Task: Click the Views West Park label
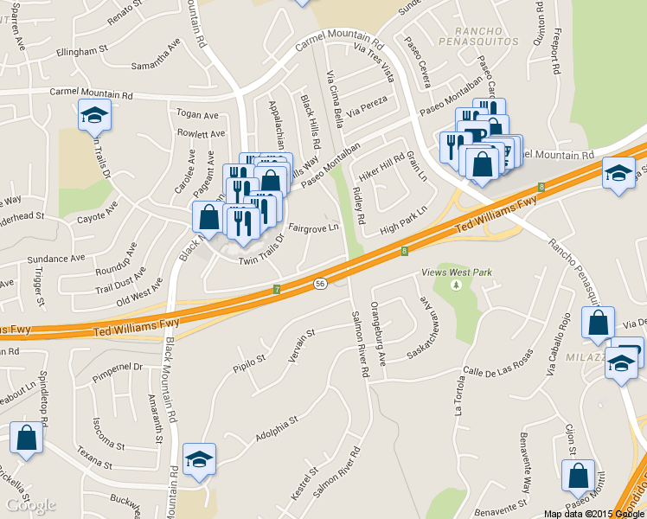(463, 272)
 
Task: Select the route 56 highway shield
(319, 284)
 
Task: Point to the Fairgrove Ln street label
(313, 228)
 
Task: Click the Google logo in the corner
(30, 505)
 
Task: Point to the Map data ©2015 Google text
(593, 513)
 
